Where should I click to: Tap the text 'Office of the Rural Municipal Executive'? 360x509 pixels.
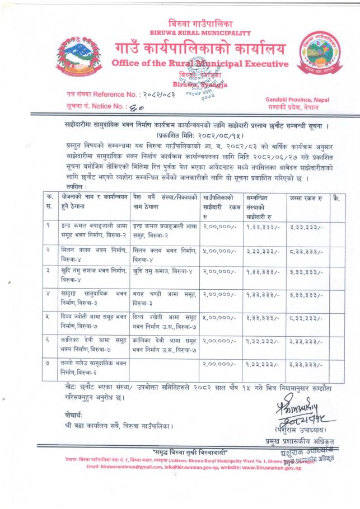(200, 64)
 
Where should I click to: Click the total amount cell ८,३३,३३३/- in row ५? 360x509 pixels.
(306, 316)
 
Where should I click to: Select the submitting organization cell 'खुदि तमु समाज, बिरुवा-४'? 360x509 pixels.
(163, 271)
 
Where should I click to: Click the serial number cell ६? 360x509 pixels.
(51, 340)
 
